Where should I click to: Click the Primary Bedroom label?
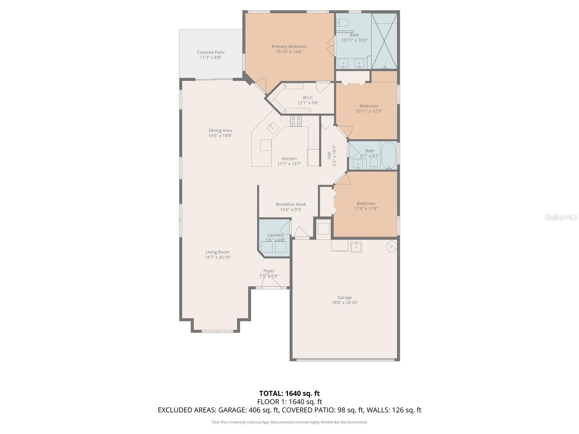pos(289,46)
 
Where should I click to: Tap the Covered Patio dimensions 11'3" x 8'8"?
pos(211,58)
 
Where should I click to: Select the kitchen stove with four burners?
pos(296,121)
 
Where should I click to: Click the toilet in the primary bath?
pos(342,23)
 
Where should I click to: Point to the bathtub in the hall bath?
pos(389,155)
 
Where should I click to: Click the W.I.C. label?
pos(308,98)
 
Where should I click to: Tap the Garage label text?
pos(345,298)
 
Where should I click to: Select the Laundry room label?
pos(275,235)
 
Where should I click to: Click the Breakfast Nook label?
pos(291,204)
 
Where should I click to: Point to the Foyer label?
pos(269,271)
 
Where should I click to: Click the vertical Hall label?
pos(329,156)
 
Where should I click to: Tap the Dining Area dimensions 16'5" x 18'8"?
pos(220,136)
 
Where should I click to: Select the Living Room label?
pos(217,252)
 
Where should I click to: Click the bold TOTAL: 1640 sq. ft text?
pos(289,393)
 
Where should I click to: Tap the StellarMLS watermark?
pos(561,217)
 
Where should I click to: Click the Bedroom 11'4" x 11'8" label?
pos(366,203)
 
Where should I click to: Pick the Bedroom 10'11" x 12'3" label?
pos(369,106)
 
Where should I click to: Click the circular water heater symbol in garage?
pos(392,246)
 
